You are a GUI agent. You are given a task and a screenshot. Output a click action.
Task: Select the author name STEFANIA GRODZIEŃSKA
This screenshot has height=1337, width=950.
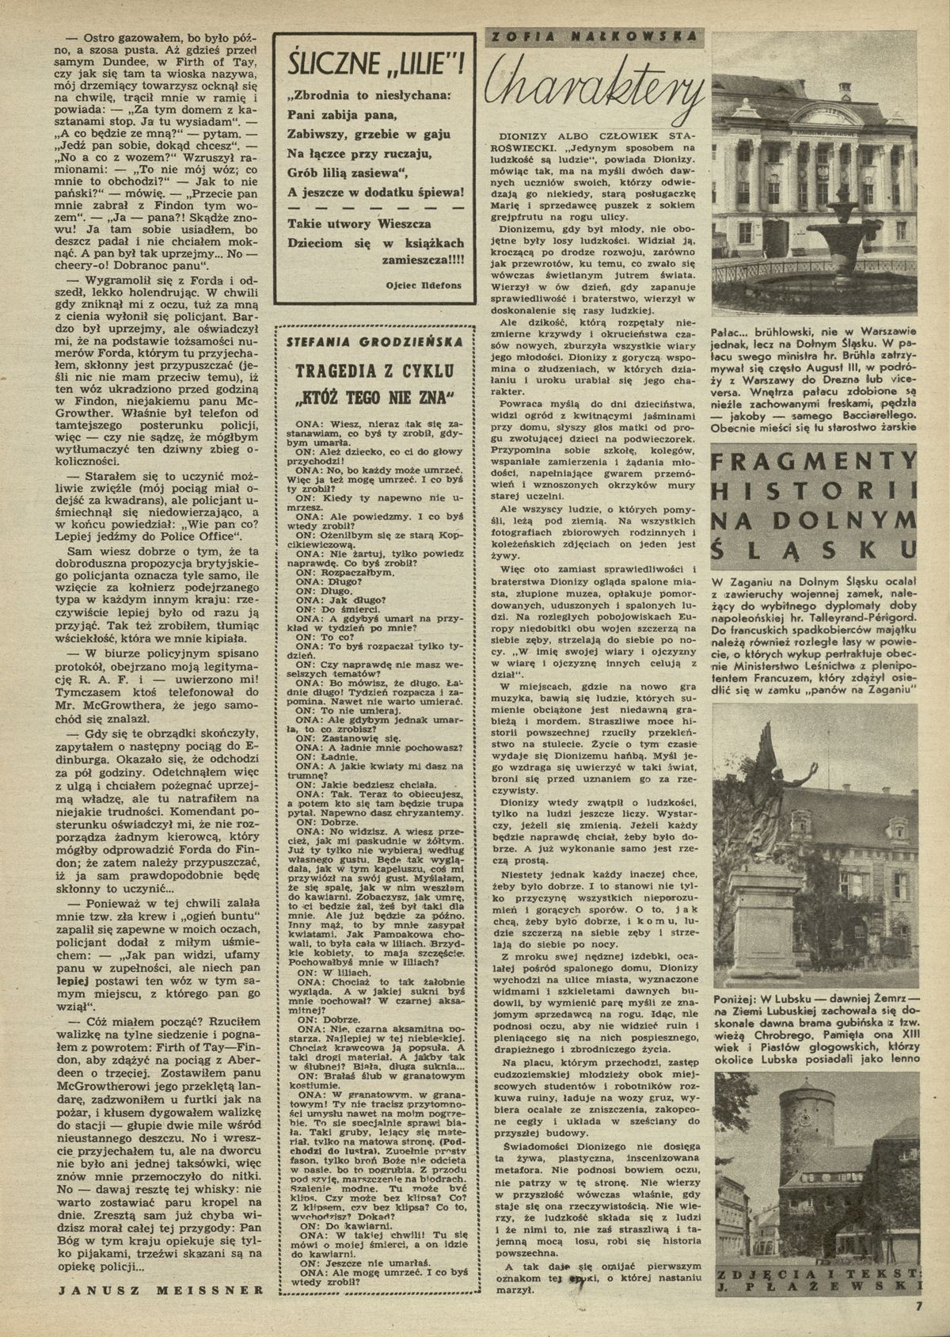[x=370, y=343]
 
